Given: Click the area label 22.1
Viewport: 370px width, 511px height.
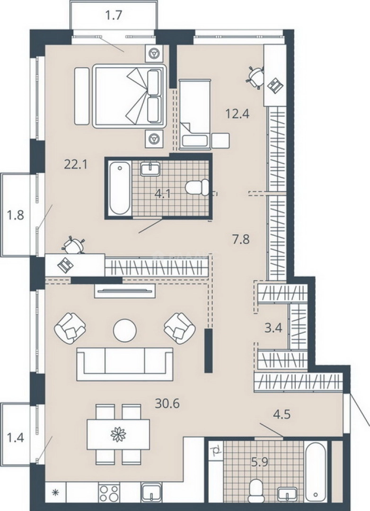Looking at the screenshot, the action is click(76, 165).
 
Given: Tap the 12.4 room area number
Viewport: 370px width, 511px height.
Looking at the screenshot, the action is click(238, 114).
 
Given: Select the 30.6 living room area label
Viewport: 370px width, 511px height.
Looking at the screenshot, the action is click(167, 404).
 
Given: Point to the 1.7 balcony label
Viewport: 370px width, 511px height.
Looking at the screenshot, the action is click(114, 15).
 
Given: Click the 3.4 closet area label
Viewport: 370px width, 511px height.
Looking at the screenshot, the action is click(273, 328).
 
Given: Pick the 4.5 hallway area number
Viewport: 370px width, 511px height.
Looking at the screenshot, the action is click(282, 414).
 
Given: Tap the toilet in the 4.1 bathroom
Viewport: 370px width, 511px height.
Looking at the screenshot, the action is click(197, 187).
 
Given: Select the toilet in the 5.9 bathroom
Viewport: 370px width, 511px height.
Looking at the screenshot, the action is click(256, 491).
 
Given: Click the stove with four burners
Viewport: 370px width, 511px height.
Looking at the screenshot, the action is click(109, 493).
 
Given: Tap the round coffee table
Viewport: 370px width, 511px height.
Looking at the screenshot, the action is click(124, 330).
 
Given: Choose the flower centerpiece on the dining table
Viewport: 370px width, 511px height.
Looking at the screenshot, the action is click(118, 434).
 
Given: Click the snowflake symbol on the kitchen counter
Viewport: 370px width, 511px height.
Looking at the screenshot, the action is click(55, 493).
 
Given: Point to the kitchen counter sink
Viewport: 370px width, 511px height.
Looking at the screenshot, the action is click(151, 493).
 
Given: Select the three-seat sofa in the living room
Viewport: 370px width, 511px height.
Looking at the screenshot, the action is click(125, 364).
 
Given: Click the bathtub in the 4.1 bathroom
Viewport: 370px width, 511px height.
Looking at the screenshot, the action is click(120, 188).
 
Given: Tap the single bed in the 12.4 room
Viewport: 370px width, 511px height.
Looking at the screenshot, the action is click(195, 114).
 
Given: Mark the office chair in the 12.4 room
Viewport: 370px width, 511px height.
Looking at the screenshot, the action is click(255, 78).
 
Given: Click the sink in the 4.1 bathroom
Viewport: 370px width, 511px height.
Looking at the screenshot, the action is click(150, 169).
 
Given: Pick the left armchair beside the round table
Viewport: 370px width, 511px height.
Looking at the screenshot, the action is click(70, 328).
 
